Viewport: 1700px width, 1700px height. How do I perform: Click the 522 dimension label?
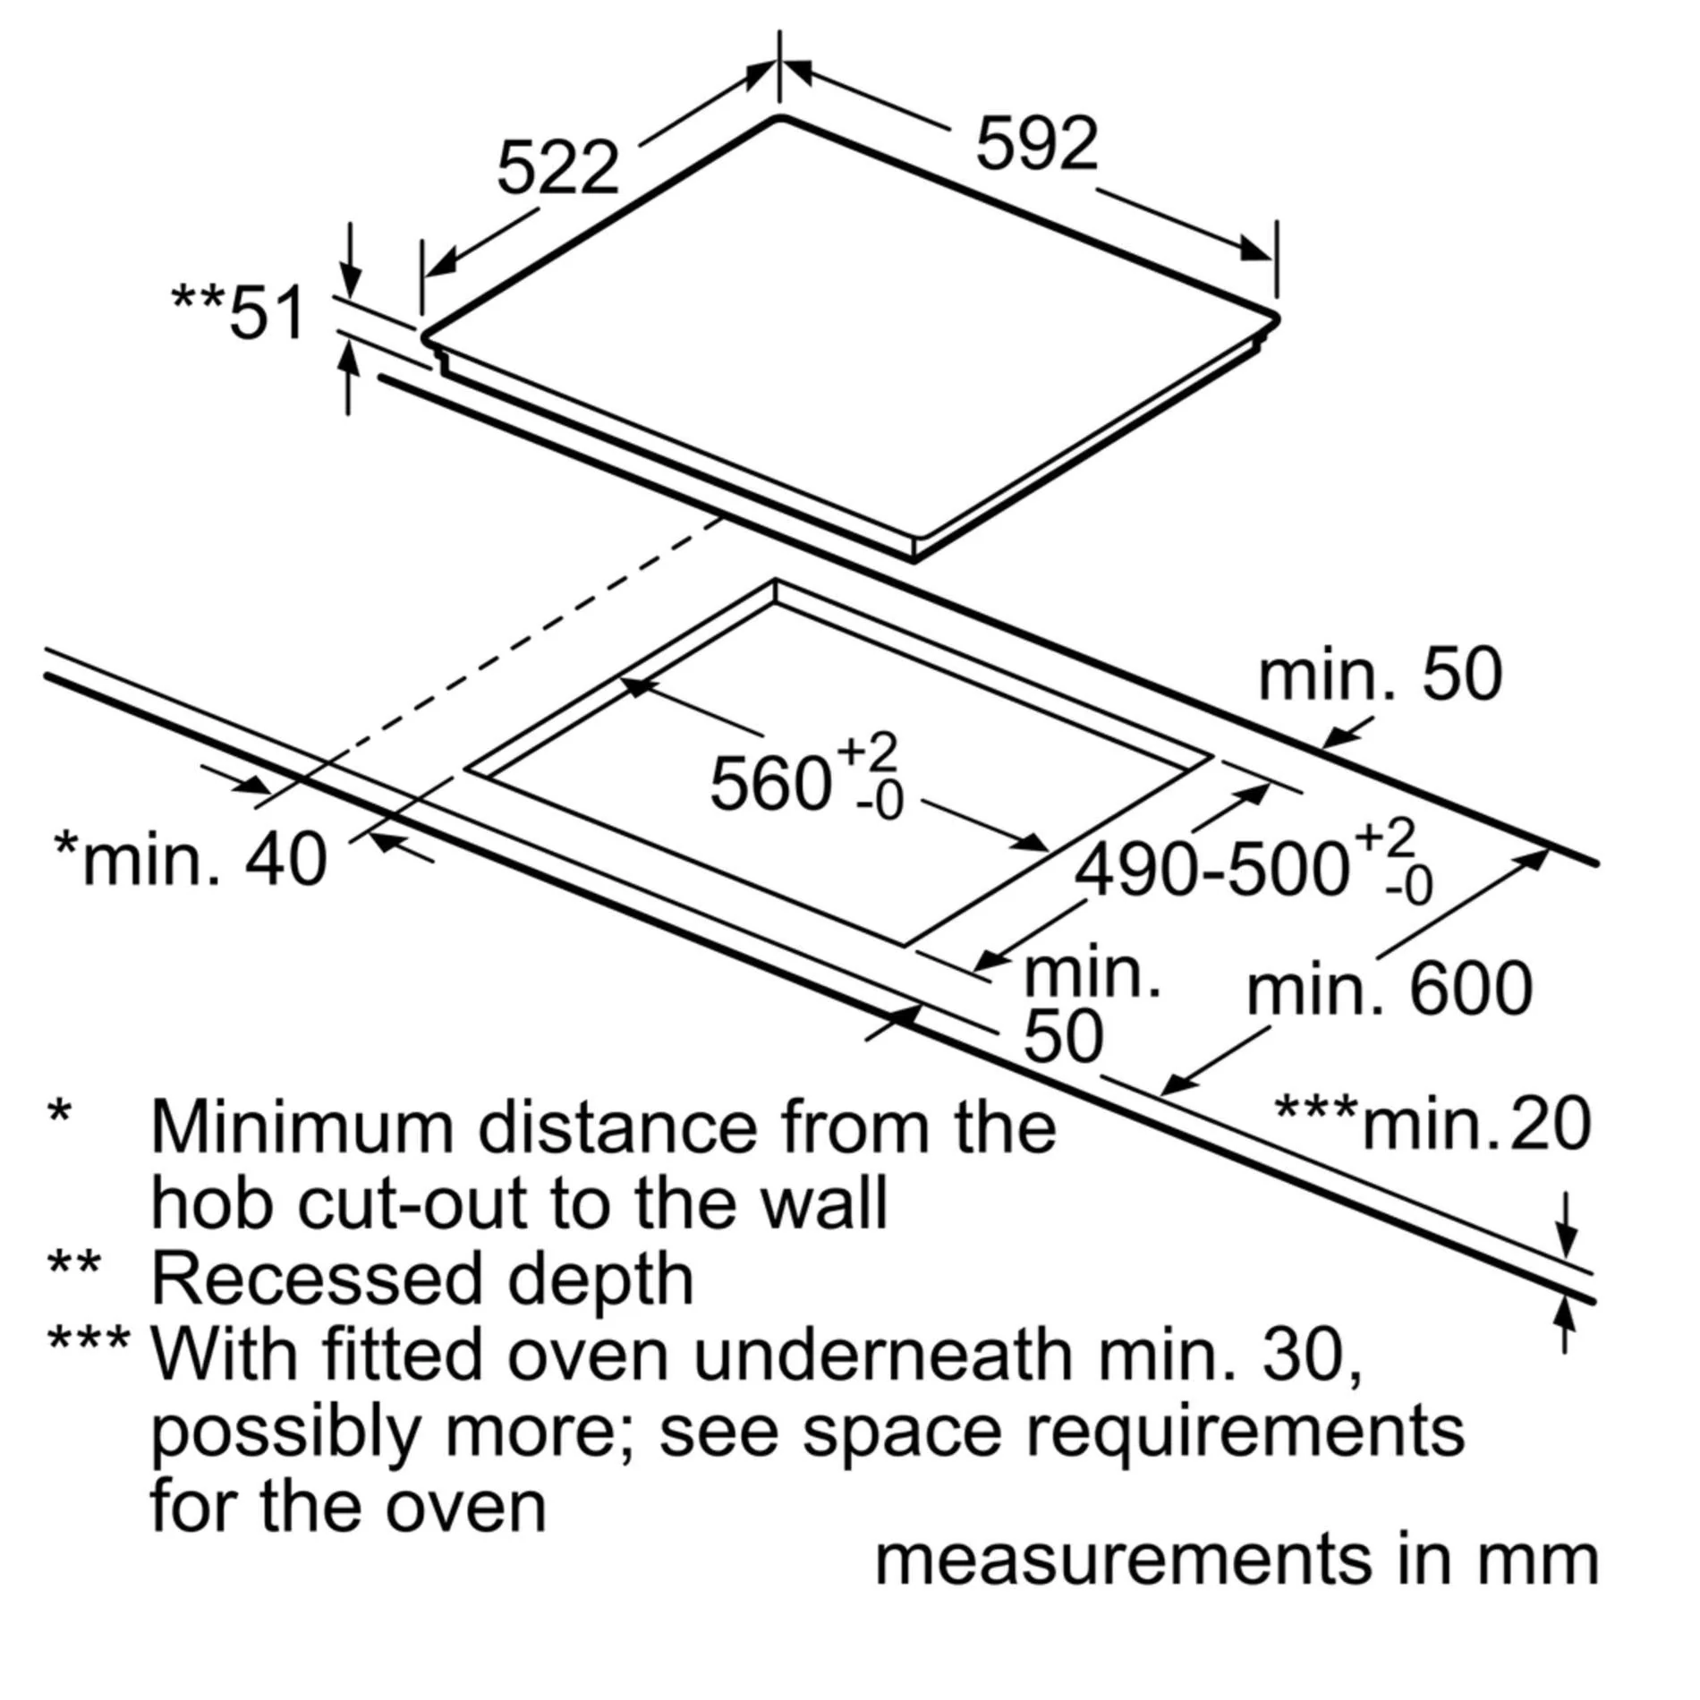pos(557,167)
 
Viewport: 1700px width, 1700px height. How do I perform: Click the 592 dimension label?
pos(1037,143)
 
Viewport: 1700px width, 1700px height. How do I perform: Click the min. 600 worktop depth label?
pos(1389,989)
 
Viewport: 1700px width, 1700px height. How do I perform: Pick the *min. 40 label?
pos(191,858)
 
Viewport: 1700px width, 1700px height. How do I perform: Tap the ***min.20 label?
pos(1432,1124)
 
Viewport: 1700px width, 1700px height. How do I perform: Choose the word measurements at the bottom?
pos(1123,1560)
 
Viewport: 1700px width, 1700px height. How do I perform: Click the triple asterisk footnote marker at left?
pos(89,1339)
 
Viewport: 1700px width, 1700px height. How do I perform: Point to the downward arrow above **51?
pos(352,260)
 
